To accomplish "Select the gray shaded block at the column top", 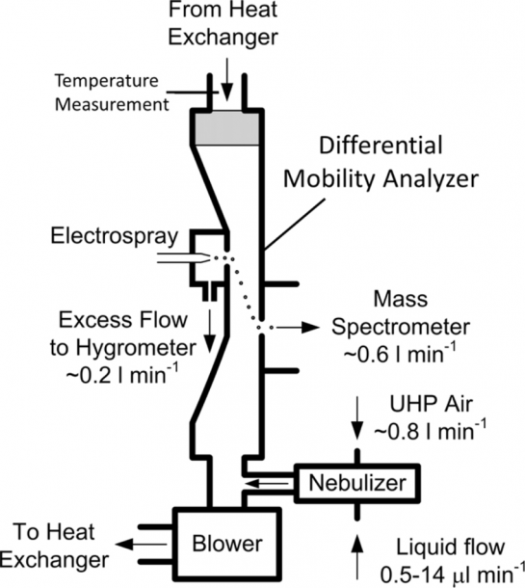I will [226, 129].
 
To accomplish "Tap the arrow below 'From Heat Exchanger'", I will [226, 88].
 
